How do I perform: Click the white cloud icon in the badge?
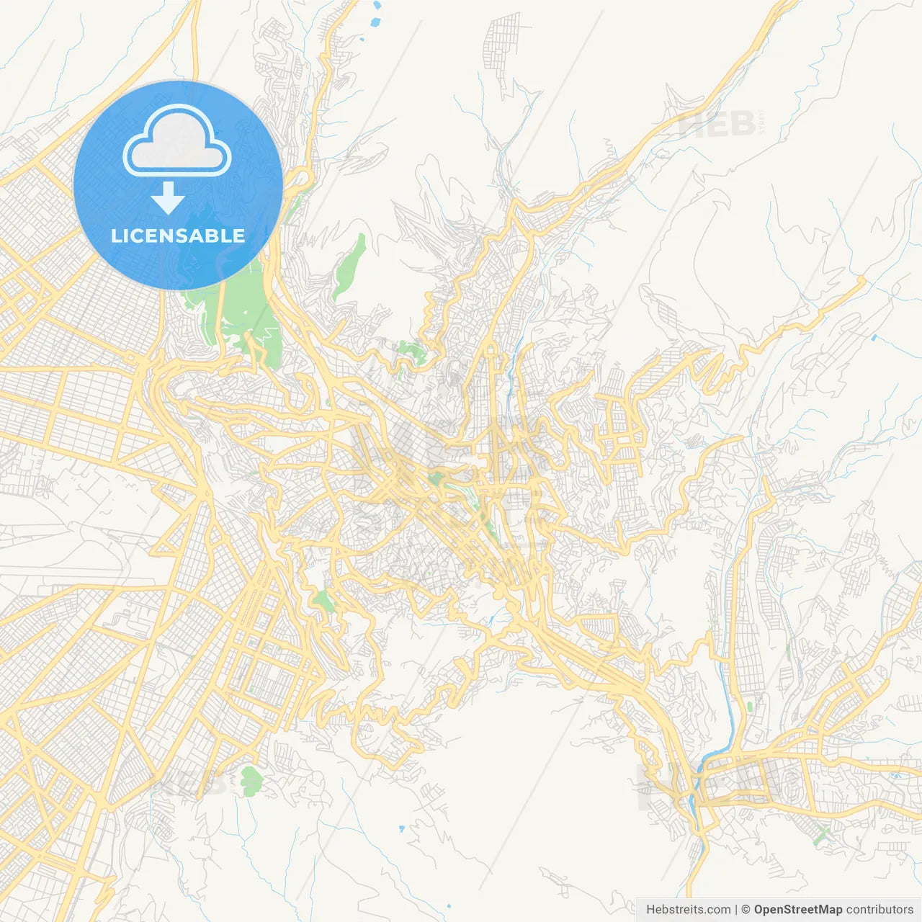click(177, 141)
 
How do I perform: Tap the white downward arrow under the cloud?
click(168, 197)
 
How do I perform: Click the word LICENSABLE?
click(177, 236)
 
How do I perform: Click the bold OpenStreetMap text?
click(798, 910)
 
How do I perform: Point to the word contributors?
click(880, 910)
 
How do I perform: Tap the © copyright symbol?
click(746, 910)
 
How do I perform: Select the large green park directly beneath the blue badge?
click(245, 317)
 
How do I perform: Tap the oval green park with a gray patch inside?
click(251, 781)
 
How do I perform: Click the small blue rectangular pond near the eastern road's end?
click(874, 337)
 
